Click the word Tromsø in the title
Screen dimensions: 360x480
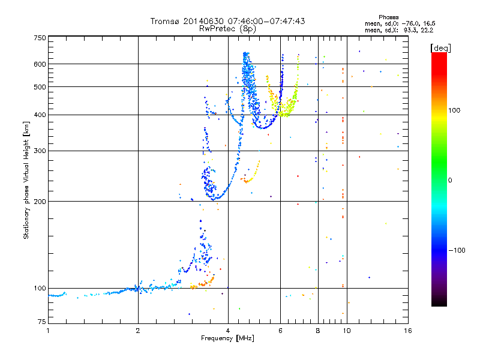[x=164, y=21]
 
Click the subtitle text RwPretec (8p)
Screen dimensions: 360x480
[x=227, y=28]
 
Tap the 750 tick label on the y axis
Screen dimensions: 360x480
[x=40, y=38]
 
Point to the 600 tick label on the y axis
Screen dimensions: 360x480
[x=40, y=64]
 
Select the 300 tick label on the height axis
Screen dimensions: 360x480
[x=40, y=151]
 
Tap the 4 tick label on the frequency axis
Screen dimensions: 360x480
[x=228, y=331]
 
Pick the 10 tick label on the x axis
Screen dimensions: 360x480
[x=346, y=331]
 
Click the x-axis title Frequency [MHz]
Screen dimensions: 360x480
[x=228, y=338]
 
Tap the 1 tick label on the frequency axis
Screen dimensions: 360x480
[x=48, y=331]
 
